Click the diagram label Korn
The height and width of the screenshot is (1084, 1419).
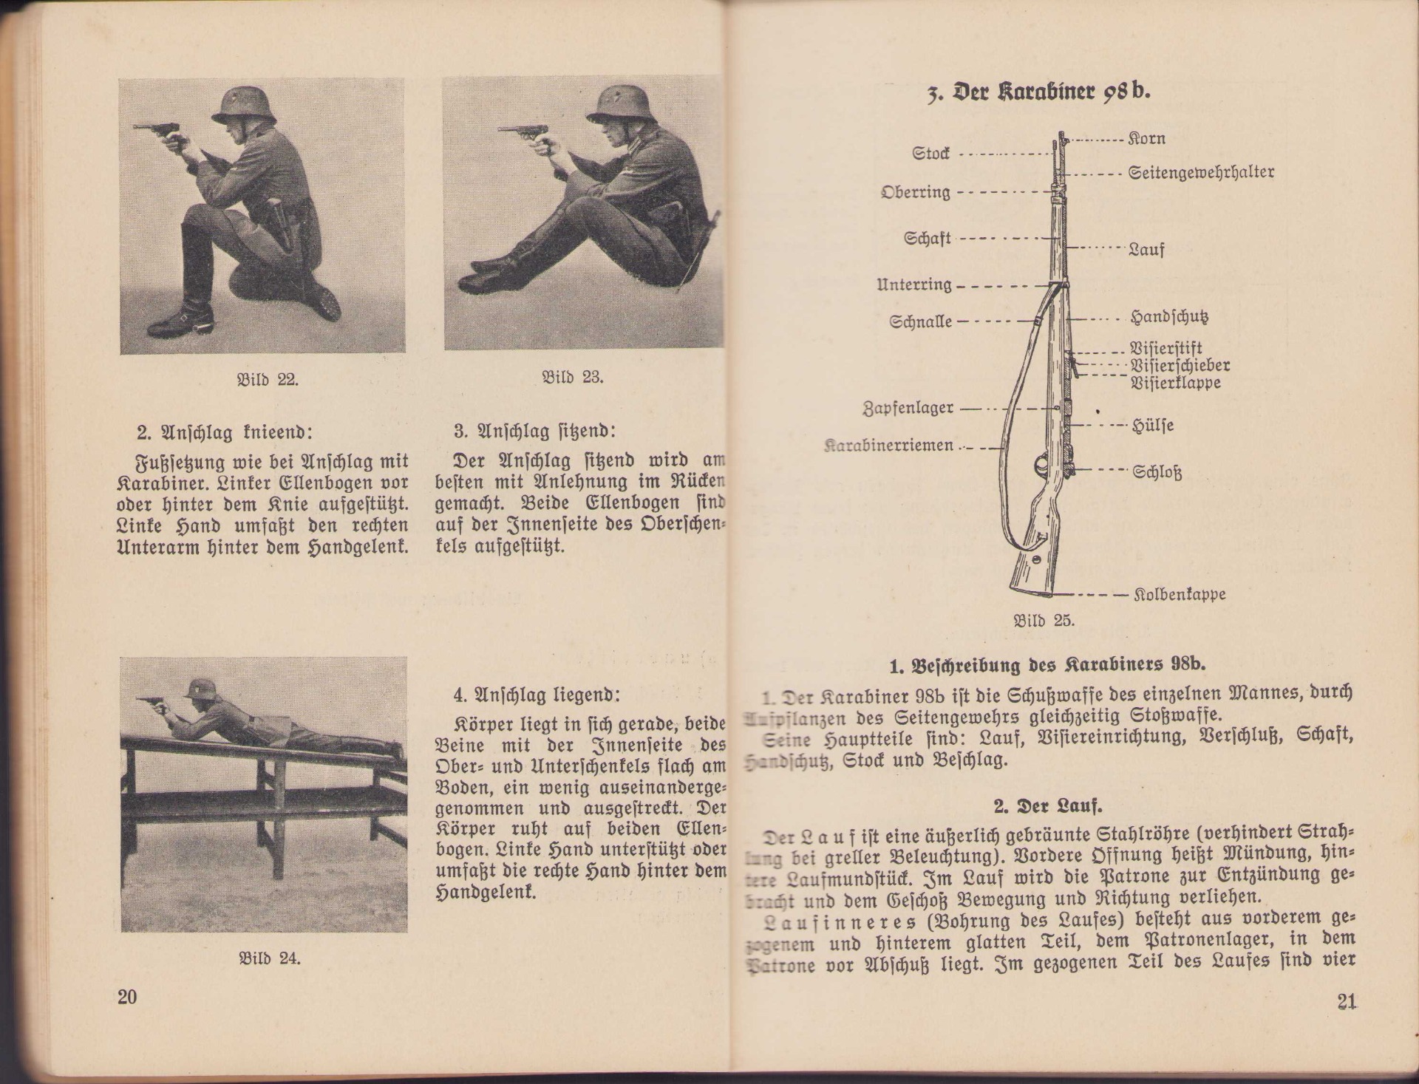pos(1147,139)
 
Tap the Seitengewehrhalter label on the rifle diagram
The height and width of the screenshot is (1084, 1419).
pos(1201,174)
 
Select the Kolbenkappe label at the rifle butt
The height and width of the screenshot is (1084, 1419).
pos(1180,594)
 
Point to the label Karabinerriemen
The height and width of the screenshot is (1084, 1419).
pos(889,446)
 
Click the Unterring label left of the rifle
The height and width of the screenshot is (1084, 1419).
pos(914,285)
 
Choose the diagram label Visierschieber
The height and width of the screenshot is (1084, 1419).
pos(1180,366)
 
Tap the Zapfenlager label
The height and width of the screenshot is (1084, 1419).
pos(909,408)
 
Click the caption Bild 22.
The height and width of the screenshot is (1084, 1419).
pos(267,380)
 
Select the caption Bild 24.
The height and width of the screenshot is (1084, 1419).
pos(269,958)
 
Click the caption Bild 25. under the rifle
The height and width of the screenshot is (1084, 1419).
pos(1044,621)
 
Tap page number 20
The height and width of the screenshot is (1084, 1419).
pos(127,997)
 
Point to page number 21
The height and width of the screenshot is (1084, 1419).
pos(1347,1002)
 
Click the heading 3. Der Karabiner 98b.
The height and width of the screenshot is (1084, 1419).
pos(1038,92)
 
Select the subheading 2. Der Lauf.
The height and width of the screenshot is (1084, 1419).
pos(1048,805)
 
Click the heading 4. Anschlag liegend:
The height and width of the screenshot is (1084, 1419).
pos(537,695)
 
